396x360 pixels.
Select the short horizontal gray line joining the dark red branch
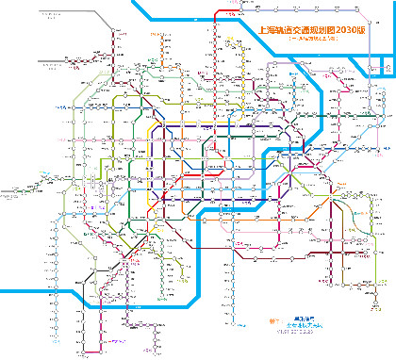[x=66, y=60]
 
